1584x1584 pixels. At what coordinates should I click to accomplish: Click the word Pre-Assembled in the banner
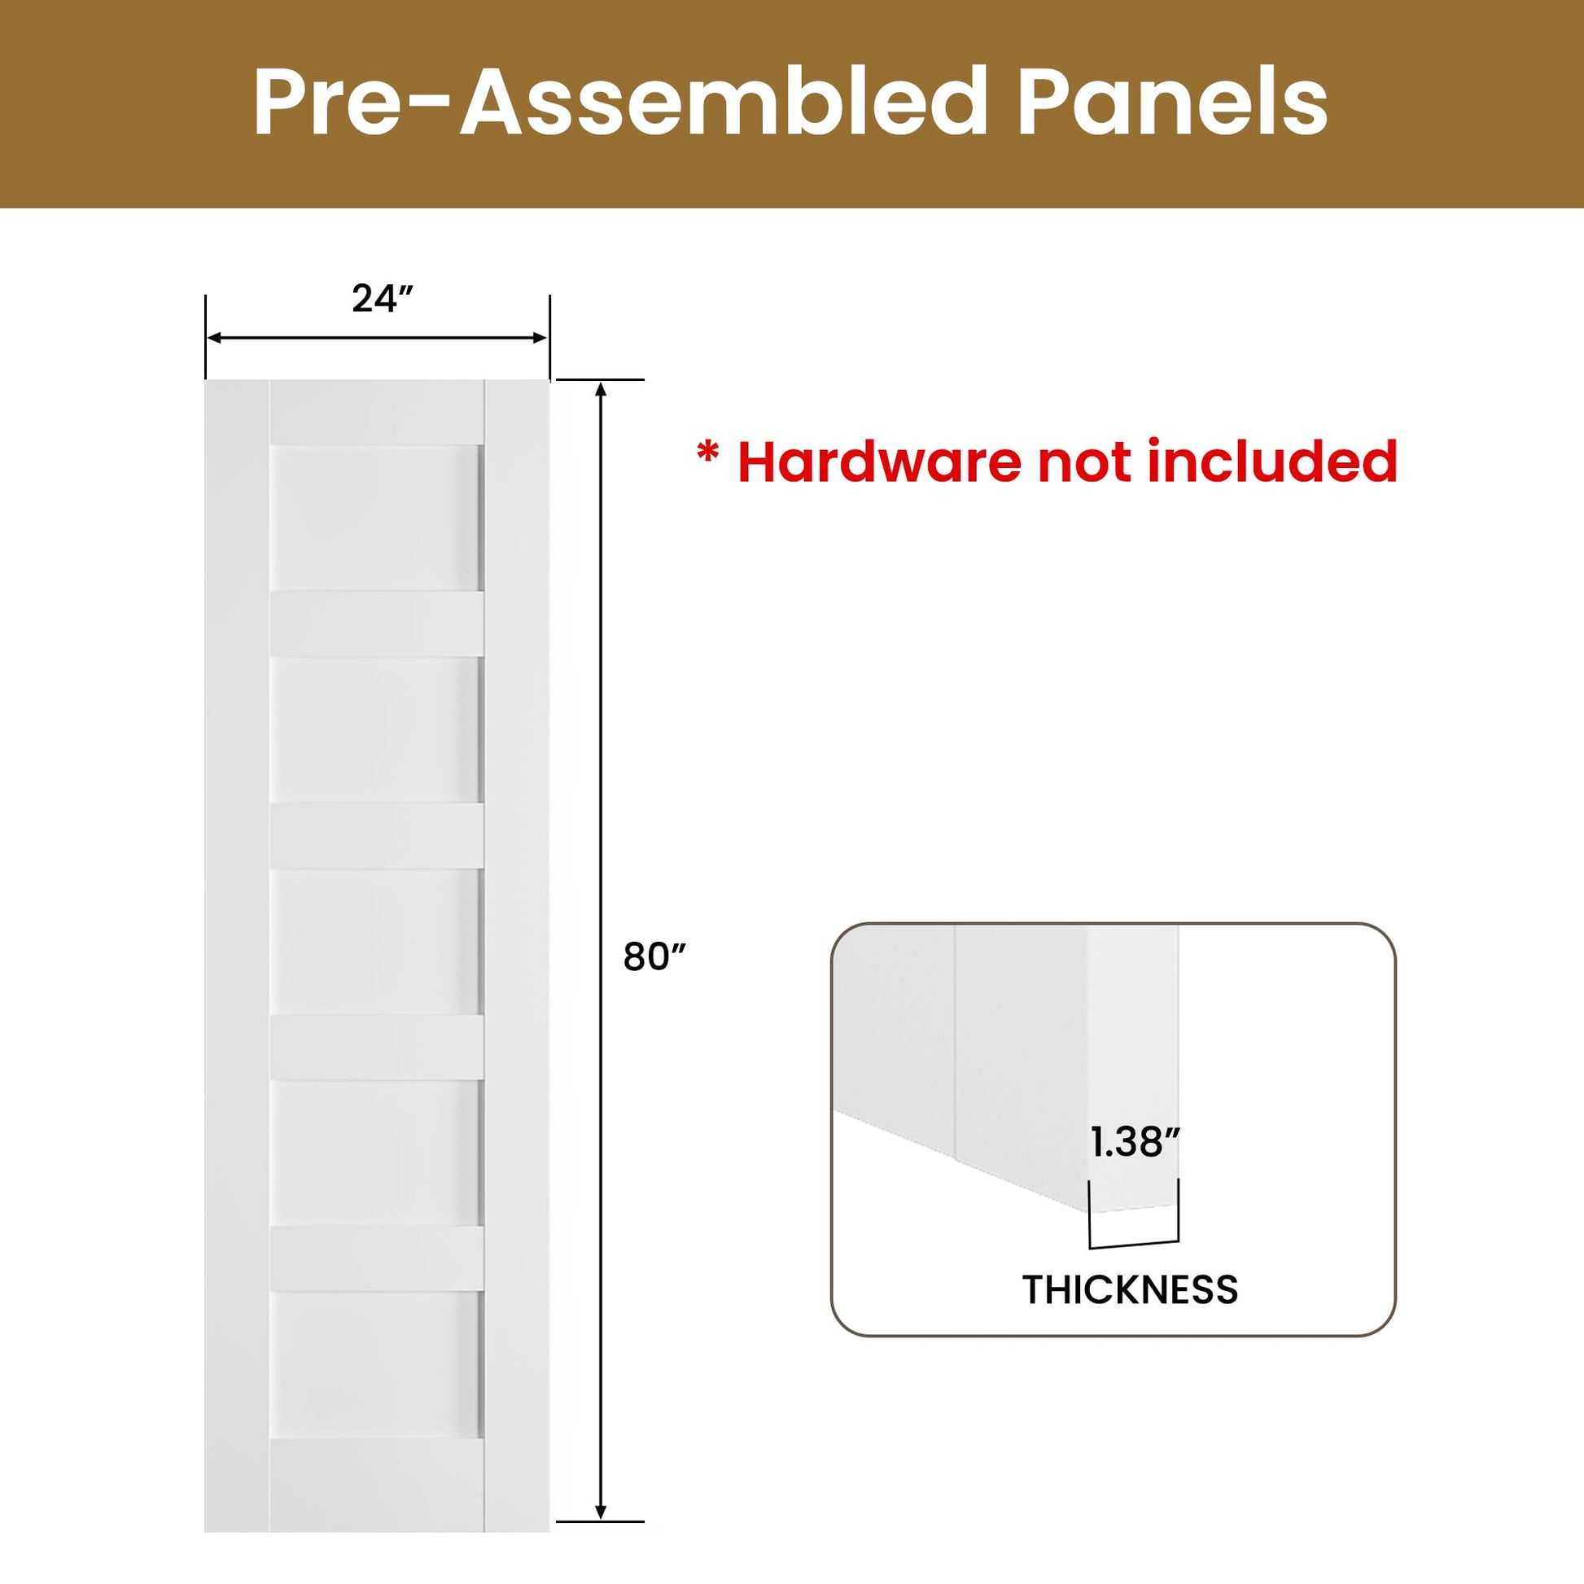620,103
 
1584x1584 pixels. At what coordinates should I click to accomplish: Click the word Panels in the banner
1171,103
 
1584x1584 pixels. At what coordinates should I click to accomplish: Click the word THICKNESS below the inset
1130,1289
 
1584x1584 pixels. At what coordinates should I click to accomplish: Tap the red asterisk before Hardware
707,453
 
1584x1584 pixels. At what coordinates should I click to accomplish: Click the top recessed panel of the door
375,519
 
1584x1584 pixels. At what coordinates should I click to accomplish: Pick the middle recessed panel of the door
375,942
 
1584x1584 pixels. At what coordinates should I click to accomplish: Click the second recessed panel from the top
375,729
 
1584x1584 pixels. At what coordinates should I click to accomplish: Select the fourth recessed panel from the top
375,1153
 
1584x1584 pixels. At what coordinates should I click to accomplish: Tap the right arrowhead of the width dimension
540,338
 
